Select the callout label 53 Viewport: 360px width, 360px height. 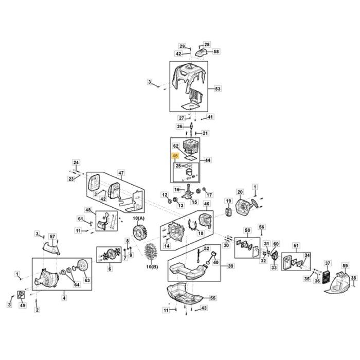[217, 89]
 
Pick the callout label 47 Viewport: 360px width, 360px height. [121, 172]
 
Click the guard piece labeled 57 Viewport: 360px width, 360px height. [51, 249]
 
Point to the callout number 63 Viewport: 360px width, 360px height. [87, 280]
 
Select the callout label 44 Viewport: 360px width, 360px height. [208, 160]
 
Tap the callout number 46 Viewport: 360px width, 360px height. [207, 204]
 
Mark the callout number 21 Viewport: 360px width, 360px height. [206, 133]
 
